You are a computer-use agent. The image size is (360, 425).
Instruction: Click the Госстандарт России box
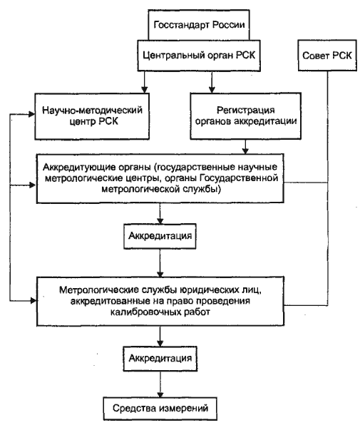[x=199, y=25]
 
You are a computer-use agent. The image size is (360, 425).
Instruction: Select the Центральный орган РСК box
[x=199, y=56]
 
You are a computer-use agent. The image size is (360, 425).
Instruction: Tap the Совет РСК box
[x=327, y=56]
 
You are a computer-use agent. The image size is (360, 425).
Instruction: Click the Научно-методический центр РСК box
[x=92, y=116]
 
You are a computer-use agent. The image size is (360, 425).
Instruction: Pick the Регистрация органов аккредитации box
[x=245, y=116]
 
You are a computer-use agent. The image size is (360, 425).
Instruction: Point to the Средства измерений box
[x=160, y=408]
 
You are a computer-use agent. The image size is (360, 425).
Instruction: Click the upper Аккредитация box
[x=160, y=236]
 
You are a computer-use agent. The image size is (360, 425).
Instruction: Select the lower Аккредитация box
[x=160, y=358]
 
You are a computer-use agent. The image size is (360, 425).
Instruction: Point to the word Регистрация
[x=246, y=111]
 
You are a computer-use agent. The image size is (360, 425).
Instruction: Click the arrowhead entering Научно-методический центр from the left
[x=32, y=114]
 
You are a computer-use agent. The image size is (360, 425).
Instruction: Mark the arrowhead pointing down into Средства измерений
[x=160, y=394]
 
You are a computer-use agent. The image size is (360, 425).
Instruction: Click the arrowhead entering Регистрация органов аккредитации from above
[x=212, y=90]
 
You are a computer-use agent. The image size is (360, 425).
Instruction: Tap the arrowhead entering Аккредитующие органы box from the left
[x=33, y=185]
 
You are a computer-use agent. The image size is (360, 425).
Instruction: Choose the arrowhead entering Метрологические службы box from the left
[x=33, y=300]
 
